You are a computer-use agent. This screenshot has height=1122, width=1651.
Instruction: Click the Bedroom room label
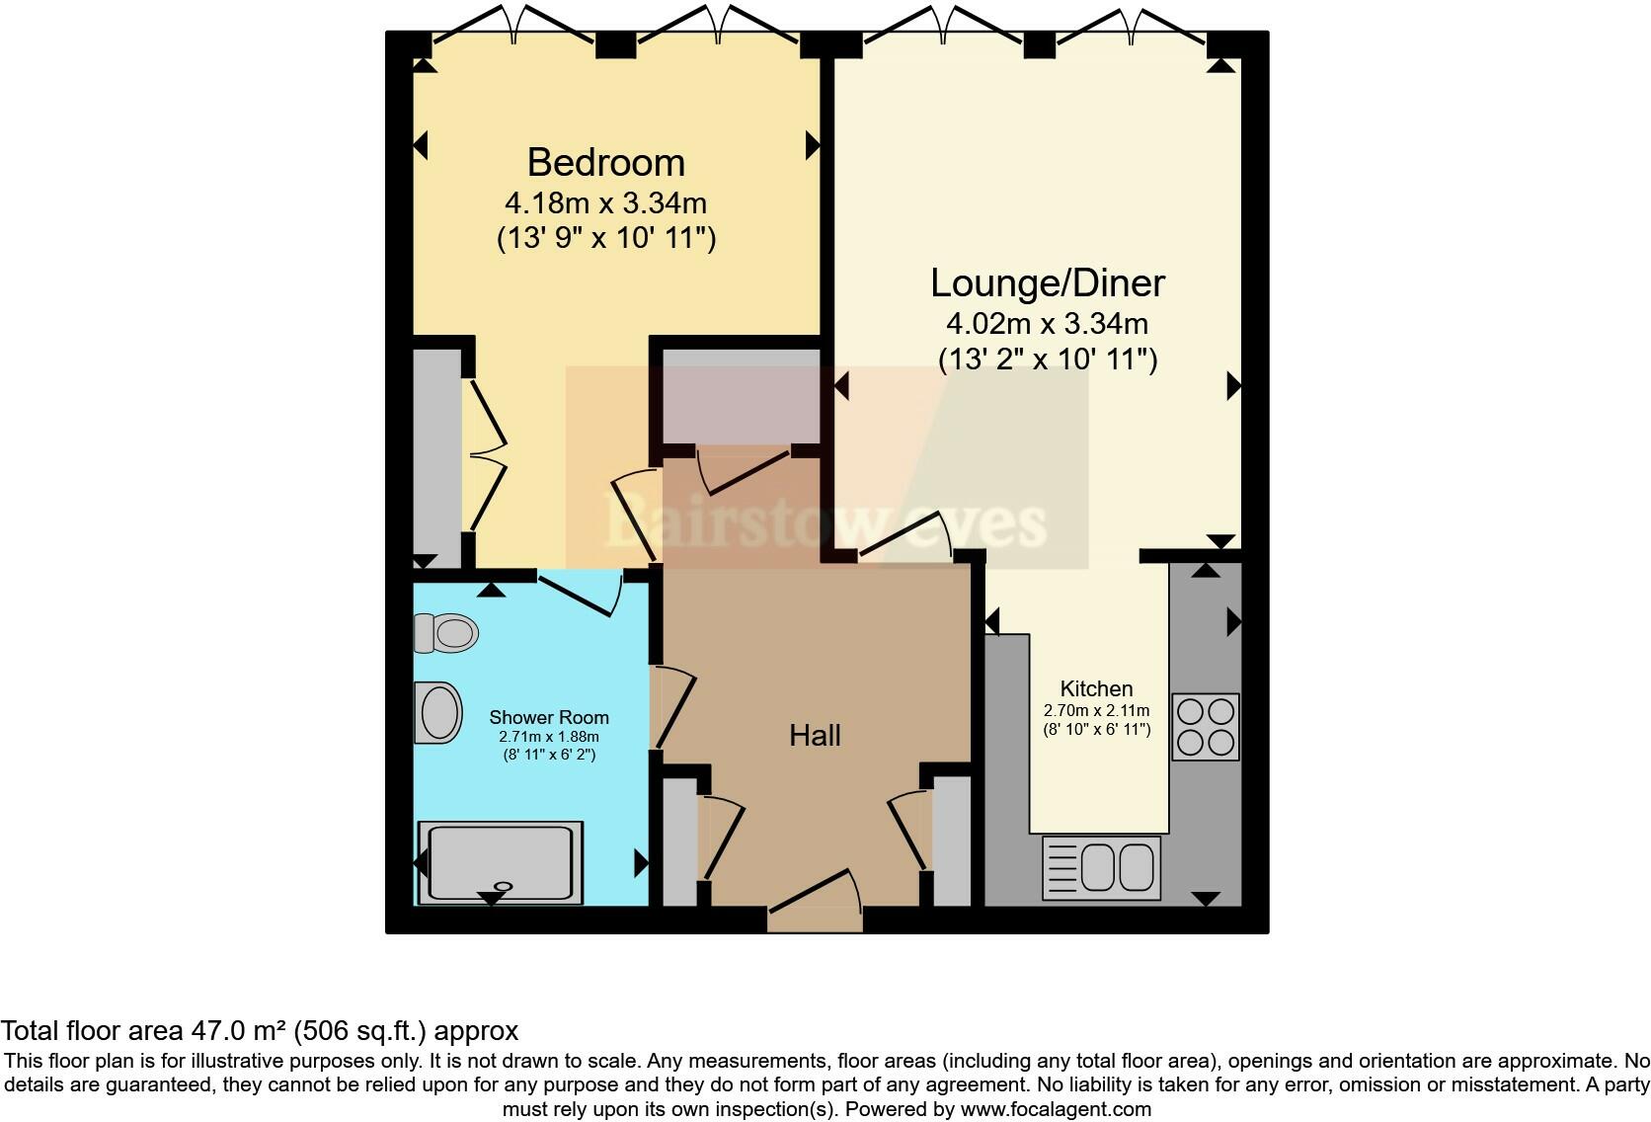[605, 162]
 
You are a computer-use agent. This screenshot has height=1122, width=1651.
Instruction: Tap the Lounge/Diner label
[1047, 283]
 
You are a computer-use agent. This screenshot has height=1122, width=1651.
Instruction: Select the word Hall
[815, 735]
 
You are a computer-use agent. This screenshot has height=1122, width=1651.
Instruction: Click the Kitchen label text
[1096, 688]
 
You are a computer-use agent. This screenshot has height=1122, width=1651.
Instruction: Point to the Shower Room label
[549, 717]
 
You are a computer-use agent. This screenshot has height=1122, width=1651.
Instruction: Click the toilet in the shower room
[446, 633]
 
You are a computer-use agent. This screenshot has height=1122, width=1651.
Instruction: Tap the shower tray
[501, 862]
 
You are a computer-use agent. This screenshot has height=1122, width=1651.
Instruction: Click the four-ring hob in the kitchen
[1206, 727]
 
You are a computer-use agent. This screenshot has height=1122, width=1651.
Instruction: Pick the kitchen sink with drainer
[1101, 868]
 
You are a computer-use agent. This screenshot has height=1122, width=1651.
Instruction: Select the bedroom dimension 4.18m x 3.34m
[605, 203]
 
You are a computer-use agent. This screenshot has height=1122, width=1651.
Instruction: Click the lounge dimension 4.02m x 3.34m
[1047, 324]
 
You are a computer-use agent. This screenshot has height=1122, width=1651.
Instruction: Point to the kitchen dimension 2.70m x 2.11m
[1096, 710]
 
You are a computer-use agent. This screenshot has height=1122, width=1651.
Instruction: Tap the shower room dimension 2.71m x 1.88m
[549, 737]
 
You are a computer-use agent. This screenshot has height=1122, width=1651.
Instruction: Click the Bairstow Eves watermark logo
[825, 521]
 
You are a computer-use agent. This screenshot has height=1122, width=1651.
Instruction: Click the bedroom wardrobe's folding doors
[486, 455]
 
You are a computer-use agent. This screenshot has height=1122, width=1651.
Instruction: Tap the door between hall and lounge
[906, 541]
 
